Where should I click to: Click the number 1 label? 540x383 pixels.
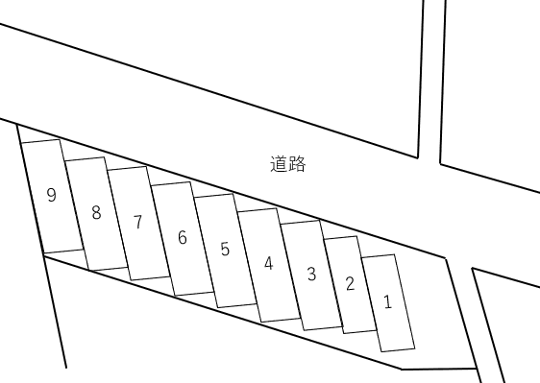[387, 301]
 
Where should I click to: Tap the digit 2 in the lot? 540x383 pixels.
[350, 283]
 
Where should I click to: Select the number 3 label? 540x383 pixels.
[311, 274]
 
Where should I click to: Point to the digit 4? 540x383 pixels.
[269, 263]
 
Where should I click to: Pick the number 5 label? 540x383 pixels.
[225, 250]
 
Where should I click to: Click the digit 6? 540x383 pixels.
[183, 237]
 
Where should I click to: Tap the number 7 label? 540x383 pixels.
[137, 223]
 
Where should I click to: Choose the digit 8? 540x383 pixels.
[96, 213]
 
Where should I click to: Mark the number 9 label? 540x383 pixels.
[51, 195]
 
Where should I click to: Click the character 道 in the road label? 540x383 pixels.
[279, 164]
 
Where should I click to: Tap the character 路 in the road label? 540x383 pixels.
[297, 164]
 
